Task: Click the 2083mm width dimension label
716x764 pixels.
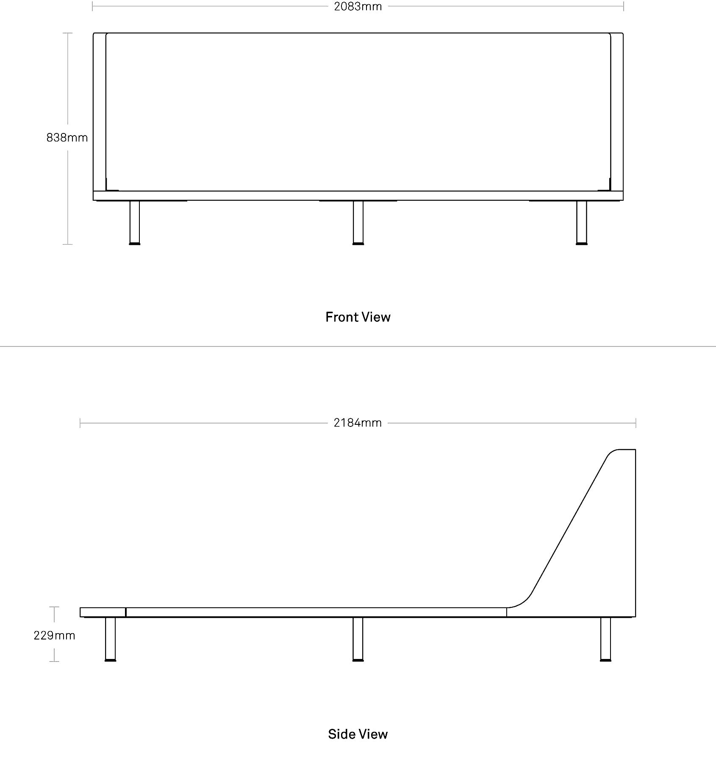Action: coord(358,6)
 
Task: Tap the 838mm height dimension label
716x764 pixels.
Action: coord(67,138)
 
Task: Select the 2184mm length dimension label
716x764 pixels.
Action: coord(358,423)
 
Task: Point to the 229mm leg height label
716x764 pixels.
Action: coord(54,635)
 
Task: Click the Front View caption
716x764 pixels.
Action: coord(358,317)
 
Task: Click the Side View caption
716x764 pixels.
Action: coord(358,734)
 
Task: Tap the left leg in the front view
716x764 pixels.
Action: coord(134,222)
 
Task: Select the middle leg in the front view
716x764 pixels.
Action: coord(358,222)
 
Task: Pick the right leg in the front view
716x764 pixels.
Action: coord(582,222)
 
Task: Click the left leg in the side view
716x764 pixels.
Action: coord(110,639)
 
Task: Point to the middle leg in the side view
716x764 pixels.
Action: coord(358,639)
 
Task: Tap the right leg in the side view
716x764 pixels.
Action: coord(606,639)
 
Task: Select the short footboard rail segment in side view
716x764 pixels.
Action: coord(103,612)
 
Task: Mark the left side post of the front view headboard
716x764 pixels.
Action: coord(100,112)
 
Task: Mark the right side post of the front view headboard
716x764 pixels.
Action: coord(617,112)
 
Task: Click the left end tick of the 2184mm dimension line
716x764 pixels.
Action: coord(80,423)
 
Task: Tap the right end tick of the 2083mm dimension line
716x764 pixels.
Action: coord(623,6)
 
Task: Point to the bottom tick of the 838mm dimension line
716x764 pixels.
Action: coord(67,244)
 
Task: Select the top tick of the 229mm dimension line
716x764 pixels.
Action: coord(54,607)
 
